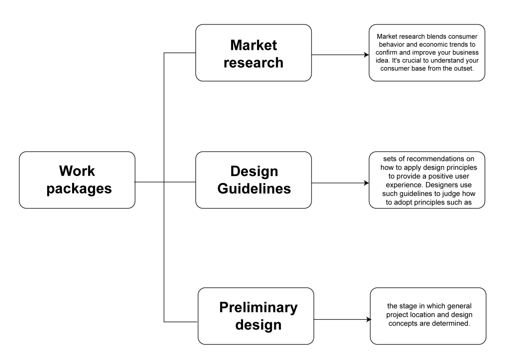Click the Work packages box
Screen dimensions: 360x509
point(77,180)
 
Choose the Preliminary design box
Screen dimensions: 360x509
point(256,316)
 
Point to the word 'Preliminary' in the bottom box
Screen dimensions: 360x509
point(258,307)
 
